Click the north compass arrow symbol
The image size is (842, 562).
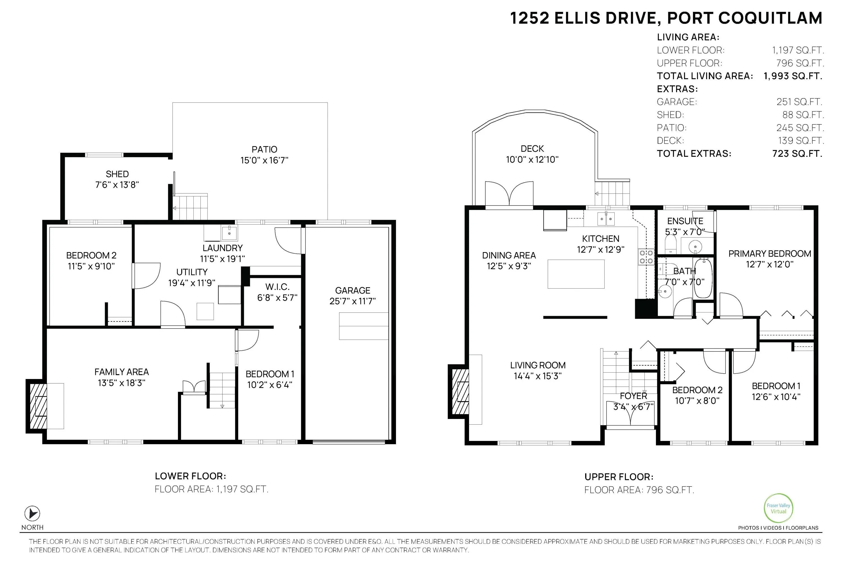click(32, 514)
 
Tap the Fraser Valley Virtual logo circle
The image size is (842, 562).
click(779, 508)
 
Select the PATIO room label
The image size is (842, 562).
click(264, 149)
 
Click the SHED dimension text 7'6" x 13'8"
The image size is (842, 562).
click(117, 185)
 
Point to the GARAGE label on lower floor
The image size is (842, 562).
click(353, 290)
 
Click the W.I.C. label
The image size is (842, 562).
click(278, 287)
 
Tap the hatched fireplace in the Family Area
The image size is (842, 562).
click(38, 406)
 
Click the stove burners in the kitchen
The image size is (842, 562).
click(646, 257)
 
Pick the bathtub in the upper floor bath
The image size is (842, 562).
click(703, 278)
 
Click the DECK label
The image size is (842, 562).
click(532, 149)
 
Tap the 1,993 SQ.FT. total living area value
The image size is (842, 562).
click(793, 76)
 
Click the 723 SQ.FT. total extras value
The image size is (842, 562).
click(797, 154)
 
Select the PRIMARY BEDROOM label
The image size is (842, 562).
click(770, 254)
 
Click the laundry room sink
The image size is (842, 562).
click(229, 233)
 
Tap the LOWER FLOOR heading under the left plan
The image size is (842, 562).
click(190, 476)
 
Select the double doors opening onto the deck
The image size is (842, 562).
click(509, 194)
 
